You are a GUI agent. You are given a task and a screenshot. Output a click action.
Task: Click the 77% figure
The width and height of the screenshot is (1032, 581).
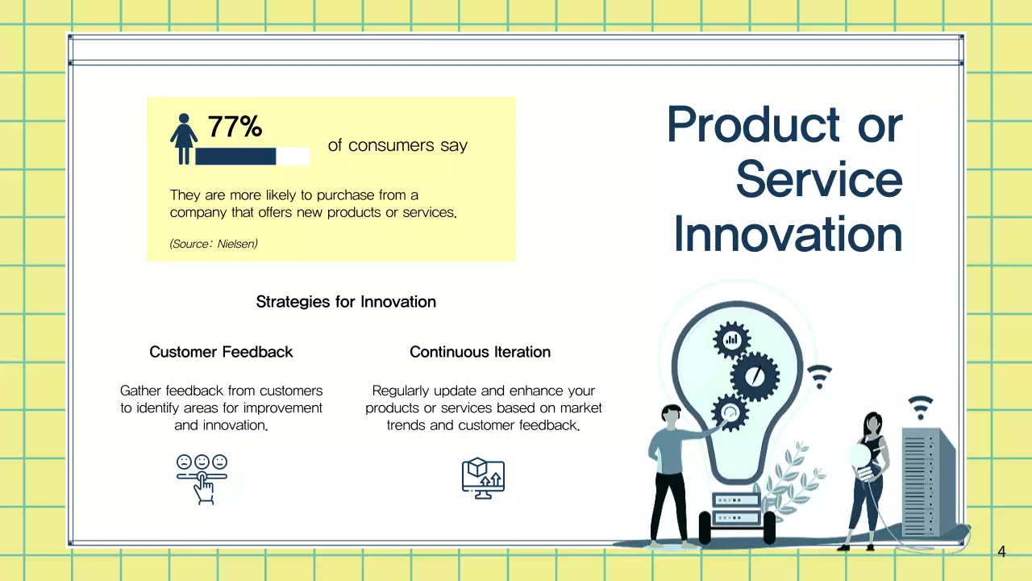(x=235, y=127)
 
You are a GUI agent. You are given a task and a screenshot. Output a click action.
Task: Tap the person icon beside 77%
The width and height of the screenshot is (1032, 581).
(x=184, y=139)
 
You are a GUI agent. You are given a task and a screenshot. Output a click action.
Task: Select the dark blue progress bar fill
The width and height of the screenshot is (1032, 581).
(x=235, y=157)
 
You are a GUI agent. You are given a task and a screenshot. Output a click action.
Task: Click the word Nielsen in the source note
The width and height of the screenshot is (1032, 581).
(x=237, y=244)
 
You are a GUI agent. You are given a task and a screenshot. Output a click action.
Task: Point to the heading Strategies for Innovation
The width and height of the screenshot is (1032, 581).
(x=346, y=302)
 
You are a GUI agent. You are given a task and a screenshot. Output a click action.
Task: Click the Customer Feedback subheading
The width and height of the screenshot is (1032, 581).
(x=221, y=352)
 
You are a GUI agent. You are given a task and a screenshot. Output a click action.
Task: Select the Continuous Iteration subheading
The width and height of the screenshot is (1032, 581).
(x=480, y=352)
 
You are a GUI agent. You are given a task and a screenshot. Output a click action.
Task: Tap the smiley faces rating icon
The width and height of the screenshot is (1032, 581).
(x=202, y=479)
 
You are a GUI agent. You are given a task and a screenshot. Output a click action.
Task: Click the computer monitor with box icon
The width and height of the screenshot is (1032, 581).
(x=483, y=479)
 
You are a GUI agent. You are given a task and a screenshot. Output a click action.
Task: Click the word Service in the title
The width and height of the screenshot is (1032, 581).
(x=819, y=179)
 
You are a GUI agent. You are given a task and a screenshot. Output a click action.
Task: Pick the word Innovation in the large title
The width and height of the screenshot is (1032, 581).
(x=788, y=234)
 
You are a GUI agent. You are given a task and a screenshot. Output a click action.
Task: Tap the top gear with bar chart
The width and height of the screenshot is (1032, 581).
(x=731, y=341)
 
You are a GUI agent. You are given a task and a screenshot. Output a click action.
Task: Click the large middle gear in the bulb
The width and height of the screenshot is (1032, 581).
(x=755, y=376)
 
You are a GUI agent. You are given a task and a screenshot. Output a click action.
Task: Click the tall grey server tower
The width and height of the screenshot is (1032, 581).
(x=928, y=482)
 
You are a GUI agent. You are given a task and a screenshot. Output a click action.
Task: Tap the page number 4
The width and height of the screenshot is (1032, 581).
(x=1001, y=551)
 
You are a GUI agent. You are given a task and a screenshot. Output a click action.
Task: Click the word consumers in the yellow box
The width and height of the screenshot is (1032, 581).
(x=391, y=145)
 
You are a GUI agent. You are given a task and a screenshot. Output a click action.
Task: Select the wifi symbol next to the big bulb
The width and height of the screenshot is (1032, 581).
(x=820, y=376)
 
